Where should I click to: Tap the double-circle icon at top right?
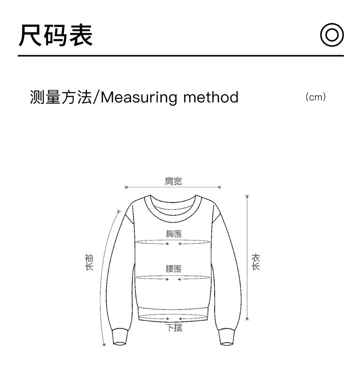(331, 35)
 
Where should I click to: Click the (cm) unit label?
(316, 97)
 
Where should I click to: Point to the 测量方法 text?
(61, 97)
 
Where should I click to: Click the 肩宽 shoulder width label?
(173, 181)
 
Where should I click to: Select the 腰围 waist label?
(173, 269)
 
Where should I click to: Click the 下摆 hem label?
(173, 327)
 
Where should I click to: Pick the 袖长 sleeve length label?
(89, 262)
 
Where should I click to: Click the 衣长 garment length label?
(256, 262)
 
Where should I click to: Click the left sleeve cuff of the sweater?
(119, 336)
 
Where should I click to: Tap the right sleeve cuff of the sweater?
(227, 336)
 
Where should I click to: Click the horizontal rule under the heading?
(180, 56)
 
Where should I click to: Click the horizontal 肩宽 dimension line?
(173, 187)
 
